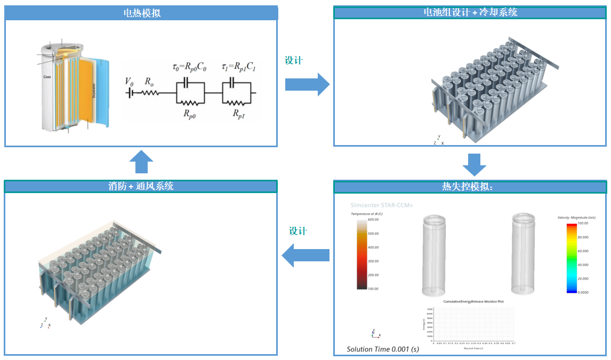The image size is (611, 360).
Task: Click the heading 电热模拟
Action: point(141,13)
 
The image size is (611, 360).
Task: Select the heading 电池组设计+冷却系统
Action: point(470,12)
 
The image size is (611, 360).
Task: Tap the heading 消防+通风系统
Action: point(141,186)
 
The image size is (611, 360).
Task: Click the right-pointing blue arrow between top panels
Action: point(308,84)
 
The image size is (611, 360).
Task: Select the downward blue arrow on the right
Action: point(474,165)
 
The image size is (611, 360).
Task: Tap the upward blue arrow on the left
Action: point(141,162)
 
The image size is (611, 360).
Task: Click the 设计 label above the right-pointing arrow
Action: point(294,61)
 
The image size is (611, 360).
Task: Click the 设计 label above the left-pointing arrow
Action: point(298,231)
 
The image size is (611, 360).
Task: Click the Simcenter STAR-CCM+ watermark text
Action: point(382,205)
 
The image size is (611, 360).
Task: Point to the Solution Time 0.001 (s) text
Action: point(383,349)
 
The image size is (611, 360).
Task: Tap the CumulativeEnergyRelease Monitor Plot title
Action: point(473,301)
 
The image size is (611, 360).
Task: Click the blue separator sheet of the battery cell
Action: point(102,91)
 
